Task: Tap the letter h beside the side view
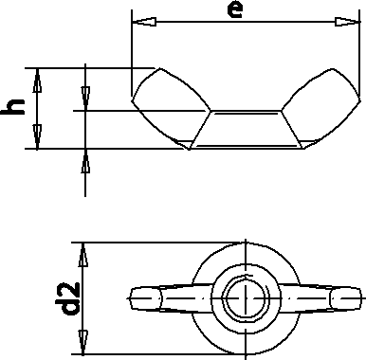click(13, 108)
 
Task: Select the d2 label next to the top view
click(66, 295)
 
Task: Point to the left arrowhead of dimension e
click(139, 21)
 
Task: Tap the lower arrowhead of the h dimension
click(37, 140)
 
